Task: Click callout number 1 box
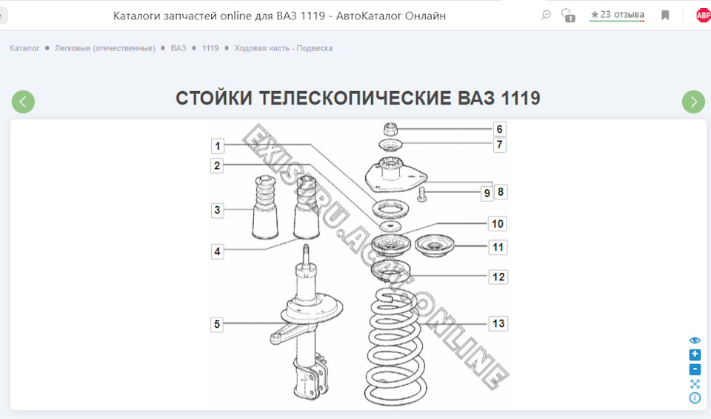pyautogui.click(x=217, y=145)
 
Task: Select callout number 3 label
pyautogui.click(x=217, y=210)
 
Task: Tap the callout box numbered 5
pyautogui.click(x=217, y=324)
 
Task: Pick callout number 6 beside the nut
pyautogui.click(x=499, y=129)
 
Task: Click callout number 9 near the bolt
pyautogui.click(x=487, y=193)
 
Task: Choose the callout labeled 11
pyautogui.click(x=498, y=247)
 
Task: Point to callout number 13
pyautogui.click(x=498, y=323)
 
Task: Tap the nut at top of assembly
pyautogui.click(x=392, y=128)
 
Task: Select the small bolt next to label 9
pyautogui.click(x=422, y=194)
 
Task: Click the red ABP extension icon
pyautogui.click(x=702, y=15)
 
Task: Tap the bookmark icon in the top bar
pyautogui.click(x=665, y=15)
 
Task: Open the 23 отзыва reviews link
pyautogui.click(x=617, y=15)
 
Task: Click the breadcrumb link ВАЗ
pyautogui.click(x=178, y=48)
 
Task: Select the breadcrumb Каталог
pyautogui.click(x=24, y=48)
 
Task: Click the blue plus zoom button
pyautogui.click(x=695, y=354)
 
